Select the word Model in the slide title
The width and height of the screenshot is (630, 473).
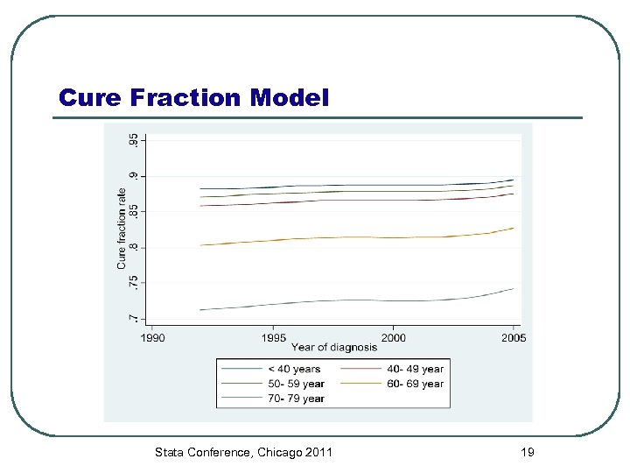[290, 97]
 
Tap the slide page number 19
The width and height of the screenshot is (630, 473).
[527, 452]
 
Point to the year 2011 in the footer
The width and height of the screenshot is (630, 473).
[316, 452]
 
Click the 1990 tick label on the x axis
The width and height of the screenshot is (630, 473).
[152, 337]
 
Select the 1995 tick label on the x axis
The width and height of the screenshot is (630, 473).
[273, 337]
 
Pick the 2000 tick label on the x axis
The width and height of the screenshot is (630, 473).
[393, 337]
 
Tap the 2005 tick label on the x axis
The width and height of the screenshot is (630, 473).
[513, 337]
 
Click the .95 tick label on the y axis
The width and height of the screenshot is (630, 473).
[133, 140]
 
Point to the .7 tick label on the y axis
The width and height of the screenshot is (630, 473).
[133, 317]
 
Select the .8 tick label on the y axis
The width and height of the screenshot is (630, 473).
[133, 247]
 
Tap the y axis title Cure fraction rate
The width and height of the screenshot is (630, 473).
[122, 229]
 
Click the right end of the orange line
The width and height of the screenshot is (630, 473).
[513, 228]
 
